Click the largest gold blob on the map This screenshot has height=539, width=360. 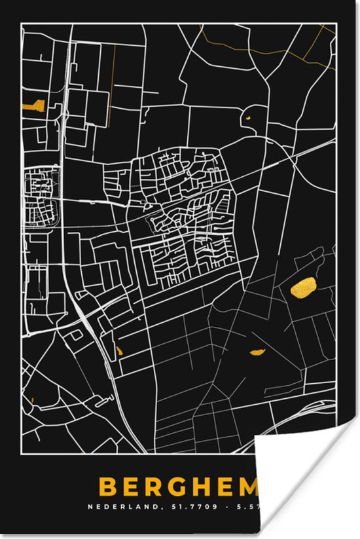(304, 286)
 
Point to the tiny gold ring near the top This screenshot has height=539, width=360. (249, 118)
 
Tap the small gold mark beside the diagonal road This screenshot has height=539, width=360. (120, 350)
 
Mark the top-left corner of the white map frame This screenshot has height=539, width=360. (22, 24)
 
